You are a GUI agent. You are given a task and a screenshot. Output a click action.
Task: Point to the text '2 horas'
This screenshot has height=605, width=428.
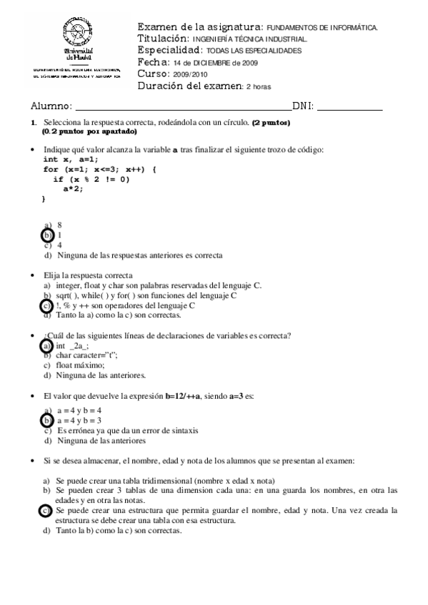point(259,86)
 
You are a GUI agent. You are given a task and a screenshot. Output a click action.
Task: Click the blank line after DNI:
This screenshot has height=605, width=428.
point(349,108)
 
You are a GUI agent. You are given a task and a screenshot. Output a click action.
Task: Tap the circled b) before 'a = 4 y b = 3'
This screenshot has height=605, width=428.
point(47,420)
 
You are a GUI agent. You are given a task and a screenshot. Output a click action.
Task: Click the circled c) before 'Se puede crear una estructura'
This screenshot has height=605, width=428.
point(47,511)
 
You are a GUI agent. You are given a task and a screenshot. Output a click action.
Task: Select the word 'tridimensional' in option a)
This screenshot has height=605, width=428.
point(160,481)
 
